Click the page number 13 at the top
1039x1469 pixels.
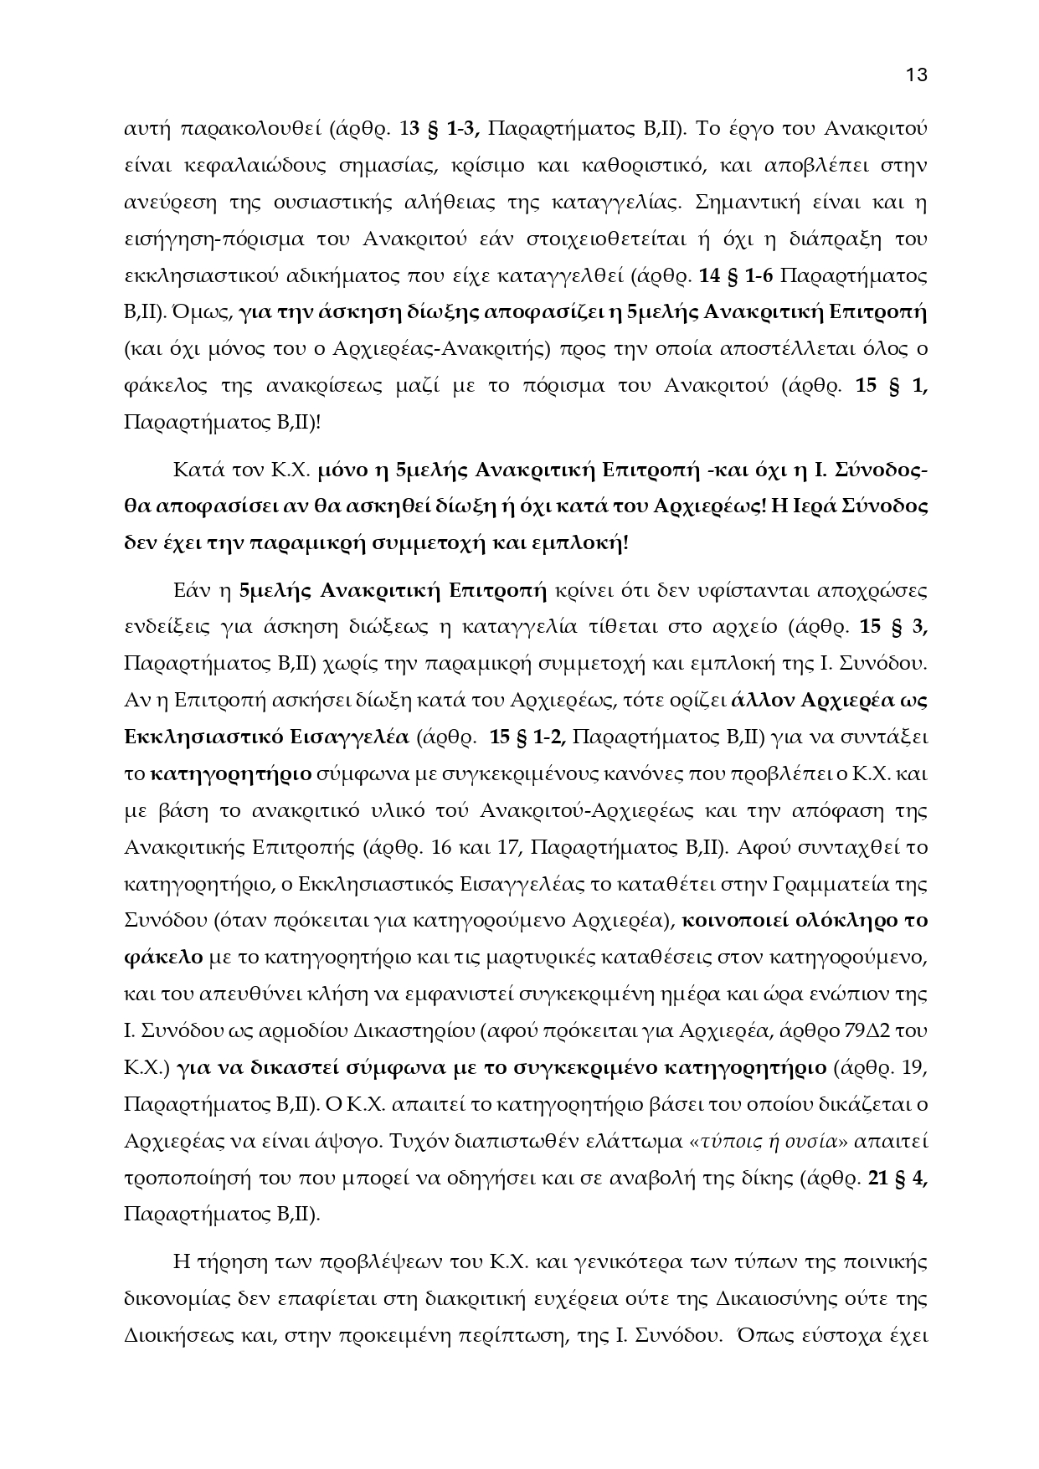point(917,74)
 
